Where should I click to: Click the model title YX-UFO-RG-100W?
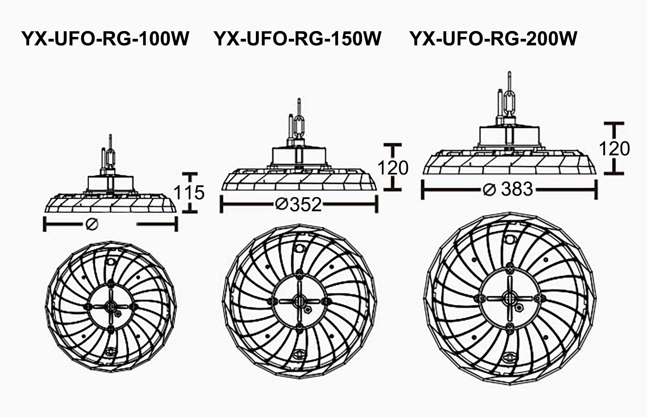[105, 39]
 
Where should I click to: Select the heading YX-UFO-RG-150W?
[298, 39]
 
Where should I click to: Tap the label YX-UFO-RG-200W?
[493, 39]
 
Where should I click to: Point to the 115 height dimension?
[189, 192]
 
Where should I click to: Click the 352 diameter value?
[306, 204]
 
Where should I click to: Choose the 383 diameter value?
[517, 189]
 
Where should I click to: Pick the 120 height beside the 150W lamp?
[393, 168]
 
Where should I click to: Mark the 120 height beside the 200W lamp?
[614, 149]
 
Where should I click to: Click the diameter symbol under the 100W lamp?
[92, 224]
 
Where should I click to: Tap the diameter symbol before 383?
[489, 190]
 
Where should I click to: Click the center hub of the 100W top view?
[111, 306]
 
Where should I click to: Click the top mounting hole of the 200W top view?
[510, 239]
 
